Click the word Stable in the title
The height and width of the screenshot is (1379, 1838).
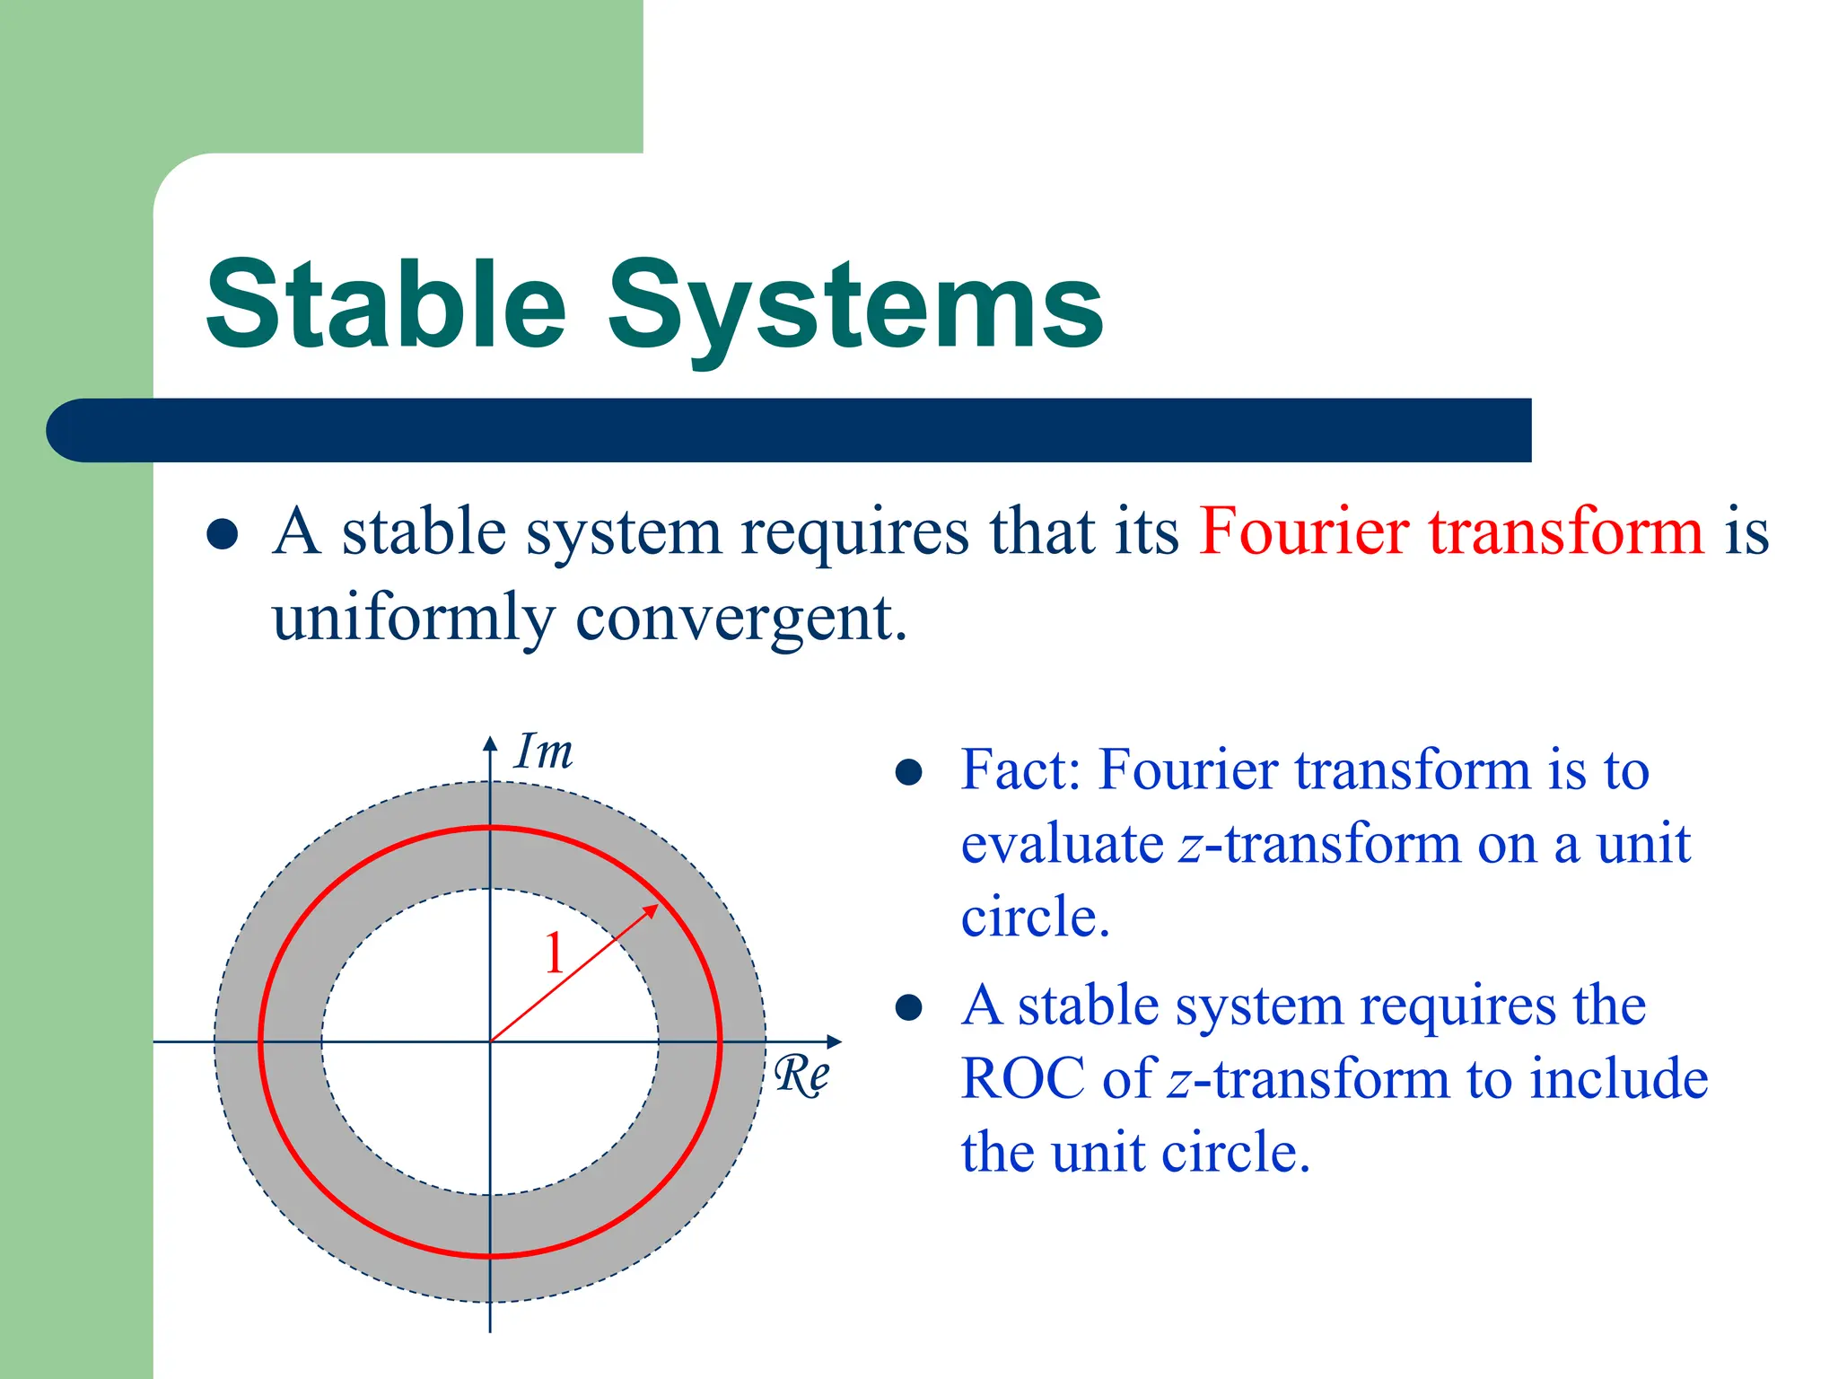(x=386, y=305)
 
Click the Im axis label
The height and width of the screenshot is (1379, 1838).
(x=543, y=752)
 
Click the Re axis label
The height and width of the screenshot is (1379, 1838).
(x=801, y=1075)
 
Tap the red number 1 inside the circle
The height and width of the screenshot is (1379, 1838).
(x=555, y=953)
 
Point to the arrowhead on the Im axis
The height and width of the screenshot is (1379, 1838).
(x=490, y=742)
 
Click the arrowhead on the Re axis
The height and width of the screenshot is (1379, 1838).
(x=835, y=1041)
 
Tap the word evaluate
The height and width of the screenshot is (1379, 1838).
(x=1062, y=846)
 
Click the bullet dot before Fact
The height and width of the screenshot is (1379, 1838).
(x=909, y=772)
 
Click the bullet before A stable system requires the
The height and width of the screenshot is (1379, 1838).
(x=909, y=1007)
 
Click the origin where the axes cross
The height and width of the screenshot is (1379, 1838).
(x=490, y=1041)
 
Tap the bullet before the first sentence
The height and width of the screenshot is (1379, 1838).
(x=222, y=535)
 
